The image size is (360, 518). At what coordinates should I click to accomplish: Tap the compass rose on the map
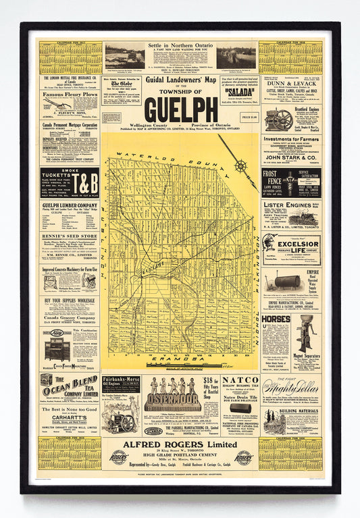pyautogui.click(x=240, y=165)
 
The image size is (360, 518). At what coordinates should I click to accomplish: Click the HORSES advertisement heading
pyautogui.click(x=276, y=319)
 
